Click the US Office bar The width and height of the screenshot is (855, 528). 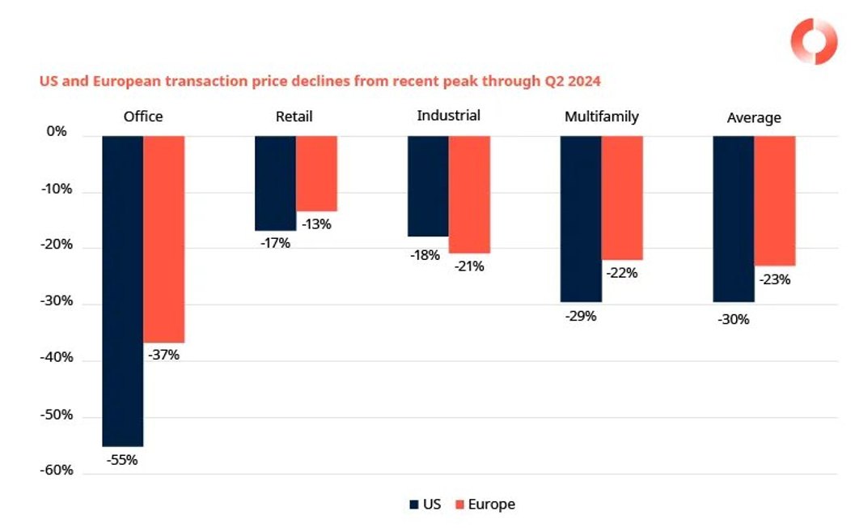click(123, 291)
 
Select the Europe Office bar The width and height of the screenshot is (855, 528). click(164, 239)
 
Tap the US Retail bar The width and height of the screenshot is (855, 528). click(275, 183)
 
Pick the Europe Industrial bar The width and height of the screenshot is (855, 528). click(469, 194)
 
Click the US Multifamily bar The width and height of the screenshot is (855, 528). click(581, 219)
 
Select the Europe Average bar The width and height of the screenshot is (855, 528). click(775, 201)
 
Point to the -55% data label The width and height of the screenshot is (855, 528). click(122, 460)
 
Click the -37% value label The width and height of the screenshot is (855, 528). click(163, 355)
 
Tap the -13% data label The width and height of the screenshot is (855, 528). click(316, 224)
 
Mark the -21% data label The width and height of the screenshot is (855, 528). click(469, 266)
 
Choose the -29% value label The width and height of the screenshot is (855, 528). click(581, 316)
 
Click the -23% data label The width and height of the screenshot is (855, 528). click(775, 279)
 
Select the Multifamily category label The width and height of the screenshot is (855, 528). click(601, 117)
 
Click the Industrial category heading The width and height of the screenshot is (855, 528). click(448, 116)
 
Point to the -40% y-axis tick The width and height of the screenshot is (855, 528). click(57, 358)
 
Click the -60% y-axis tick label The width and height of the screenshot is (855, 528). click(57, 471)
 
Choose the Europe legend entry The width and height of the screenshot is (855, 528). click(485, 505)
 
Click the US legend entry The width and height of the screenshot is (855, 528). click(425, 505)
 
